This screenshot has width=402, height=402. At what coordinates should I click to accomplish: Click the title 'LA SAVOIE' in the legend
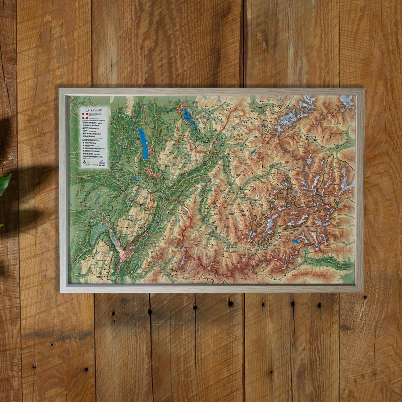pyautogui.click(x=93, y=110)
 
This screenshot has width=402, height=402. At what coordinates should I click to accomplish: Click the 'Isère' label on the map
pyautogui.click(x=174, y=221)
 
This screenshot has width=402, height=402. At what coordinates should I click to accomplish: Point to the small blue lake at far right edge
pyautogui.click(x=338, y=202)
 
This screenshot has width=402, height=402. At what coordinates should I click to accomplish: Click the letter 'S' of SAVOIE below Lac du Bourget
pyautogui.click(x=136, y=166)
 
